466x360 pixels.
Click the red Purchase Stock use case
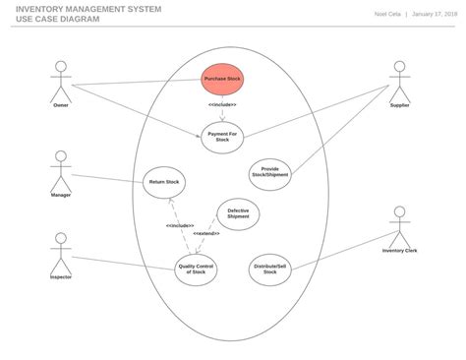coord(222,79)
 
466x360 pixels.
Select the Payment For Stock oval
coord(222,138)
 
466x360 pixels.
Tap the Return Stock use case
coord(164,182)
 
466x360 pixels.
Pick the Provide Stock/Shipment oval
coord(270,173)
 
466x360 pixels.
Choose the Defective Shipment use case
coord(238,214)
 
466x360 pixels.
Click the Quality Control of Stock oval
coord(197,267)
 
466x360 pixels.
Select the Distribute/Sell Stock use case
coord(270,267)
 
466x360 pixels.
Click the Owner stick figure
coord(61,81)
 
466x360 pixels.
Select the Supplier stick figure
coord(399,81)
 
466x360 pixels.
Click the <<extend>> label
coord(207,234)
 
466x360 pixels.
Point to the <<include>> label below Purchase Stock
coord(222,104)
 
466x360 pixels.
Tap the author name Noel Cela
coord(387,15)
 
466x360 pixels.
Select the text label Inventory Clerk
coord(399,251)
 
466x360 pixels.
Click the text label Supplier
coord(399,105)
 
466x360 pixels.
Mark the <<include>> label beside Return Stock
coord(180,225)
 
